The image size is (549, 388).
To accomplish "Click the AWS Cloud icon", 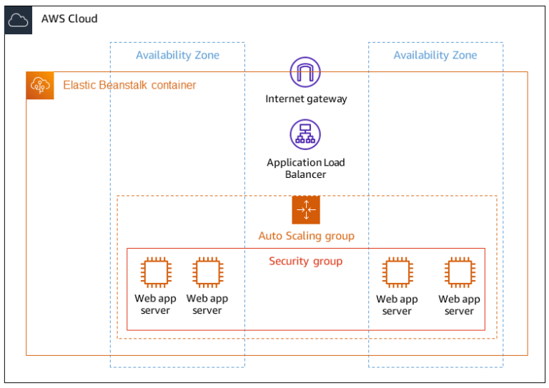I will pyautogui.click(x=18, y=20).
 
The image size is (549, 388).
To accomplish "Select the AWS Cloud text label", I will pyautogui.click(x=69, y=19).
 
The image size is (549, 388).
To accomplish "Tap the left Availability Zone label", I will pyautogui.click(x=177, y=55).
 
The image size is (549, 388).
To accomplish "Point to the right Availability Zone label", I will pyautogui.click(x=435, y=55).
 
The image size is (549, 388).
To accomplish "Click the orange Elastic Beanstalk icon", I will pyautogui.click(x=40, y=86).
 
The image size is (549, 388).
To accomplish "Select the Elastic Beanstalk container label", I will pyautogui.click(x=129, y=85).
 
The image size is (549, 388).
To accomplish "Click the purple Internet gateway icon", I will pyautogui.click(x=305, y=73).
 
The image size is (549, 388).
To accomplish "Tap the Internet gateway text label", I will pyautogui.click(x=306, y=99).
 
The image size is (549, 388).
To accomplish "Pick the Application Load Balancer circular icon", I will pyautogui.click(x=305, y=134).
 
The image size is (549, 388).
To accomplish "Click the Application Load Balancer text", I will pyautogui.click(x=306, y=168).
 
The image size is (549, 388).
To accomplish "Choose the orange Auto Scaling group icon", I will pyautogui.click(x=306, y=210).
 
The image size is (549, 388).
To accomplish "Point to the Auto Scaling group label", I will pyautogui.click(x=306, y=236).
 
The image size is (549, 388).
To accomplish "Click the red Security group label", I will pyautogui.click(x=305, y=261).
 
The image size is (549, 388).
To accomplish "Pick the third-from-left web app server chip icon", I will pyautogui.click(x=397, y=273).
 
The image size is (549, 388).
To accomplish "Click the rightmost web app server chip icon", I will pyautogui.click(x=459, y=273).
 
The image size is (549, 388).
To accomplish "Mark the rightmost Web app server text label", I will pyautogui.click(x=459, y=305).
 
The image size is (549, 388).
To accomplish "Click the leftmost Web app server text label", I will pyautogui.click(x=155, y=304).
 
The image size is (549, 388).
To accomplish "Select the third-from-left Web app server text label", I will pyautogui.click(x=397, y=305).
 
